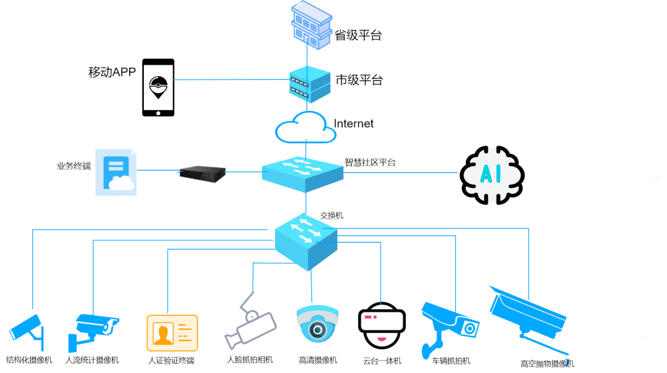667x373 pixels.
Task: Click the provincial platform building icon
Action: tap(311, 25)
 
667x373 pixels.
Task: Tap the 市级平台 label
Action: tap(359, 80)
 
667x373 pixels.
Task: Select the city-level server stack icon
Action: tap(309, 85)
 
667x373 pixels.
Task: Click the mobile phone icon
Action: tap(158, 88)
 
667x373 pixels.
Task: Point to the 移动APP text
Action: tap(112, 72)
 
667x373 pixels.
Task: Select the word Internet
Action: tap(354, 124)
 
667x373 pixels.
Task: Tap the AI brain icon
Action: tap(492, 175)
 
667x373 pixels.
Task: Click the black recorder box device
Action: tap(202, 174)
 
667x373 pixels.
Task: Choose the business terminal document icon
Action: tap(115, 172)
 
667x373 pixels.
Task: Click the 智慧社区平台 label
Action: tap(370, 162)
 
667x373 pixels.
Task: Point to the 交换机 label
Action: tap(332, 216)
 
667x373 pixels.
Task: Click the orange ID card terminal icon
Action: tap(172, 333)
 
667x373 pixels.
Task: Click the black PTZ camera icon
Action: tap(381, 325)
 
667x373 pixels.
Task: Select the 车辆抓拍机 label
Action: tap(451, 360)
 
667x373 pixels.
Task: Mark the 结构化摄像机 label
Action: tap(29, 359)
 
